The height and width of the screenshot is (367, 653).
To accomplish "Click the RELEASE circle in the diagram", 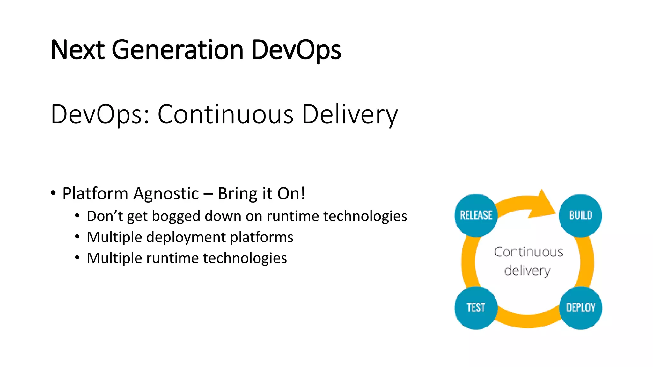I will (x=476, y=215).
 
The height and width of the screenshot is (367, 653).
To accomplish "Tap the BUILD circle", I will (x=580, y=215).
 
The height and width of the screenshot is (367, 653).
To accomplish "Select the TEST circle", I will (x=476, y=307).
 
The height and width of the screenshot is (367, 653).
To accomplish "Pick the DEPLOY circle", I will (x=580, y=307).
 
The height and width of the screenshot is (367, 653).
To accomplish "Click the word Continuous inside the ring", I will (x=529, y=252).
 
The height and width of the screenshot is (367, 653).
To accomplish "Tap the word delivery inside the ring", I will (x=527, y=271).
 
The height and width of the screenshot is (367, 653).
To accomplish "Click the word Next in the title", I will (x=77, y=50).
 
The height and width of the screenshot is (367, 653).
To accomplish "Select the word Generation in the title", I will (x=178, y=50).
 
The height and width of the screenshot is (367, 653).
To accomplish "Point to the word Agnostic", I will (x=166, y=194).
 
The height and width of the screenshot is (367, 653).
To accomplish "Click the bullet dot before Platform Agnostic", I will (x=53, y=193).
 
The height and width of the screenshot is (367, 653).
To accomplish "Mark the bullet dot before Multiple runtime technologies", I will (x=77, y=258).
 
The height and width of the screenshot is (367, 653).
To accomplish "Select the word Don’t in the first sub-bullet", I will (x=105, y=216).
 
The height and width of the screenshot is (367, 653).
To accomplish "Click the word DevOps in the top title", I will (x=296, y=50).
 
